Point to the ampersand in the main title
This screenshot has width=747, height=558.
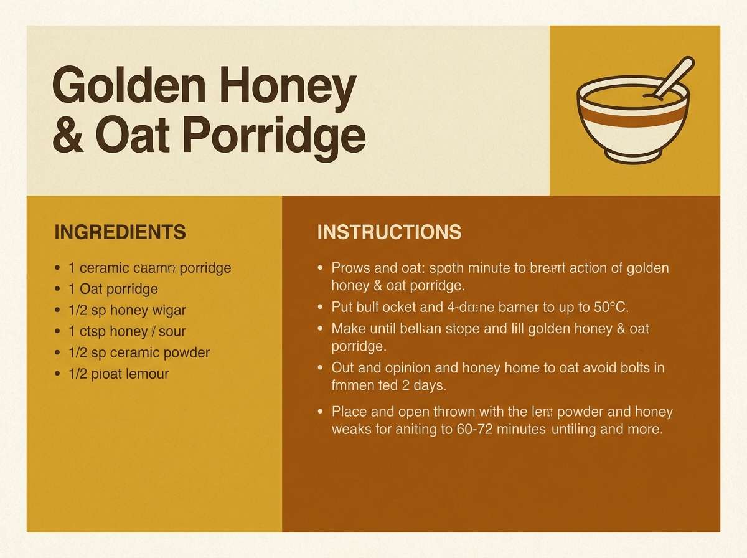click(68, 137)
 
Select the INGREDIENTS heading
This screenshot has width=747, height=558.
click(120, 232)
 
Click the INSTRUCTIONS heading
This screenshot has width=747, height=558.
click(389, 232)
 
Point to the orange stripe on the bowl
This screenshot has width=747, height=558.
click(633, 118)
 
